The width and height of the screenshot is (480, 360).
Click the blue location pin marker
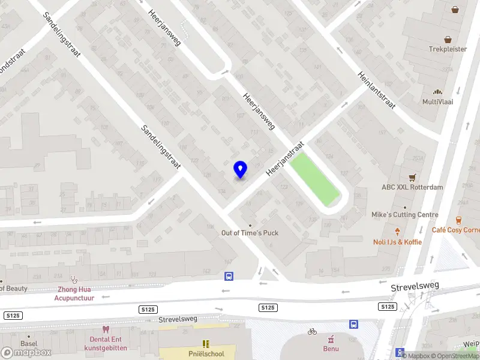[x=240, y=170]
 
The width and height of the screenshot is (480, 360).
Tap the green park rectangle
[x=314, y=179]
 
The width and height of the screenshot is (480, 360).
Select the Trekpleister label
[x=448, y=49]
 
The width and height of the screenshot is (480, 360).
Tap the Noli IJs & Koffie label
[x=397, y=242]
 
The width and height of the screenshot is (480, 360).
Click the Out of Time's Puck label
[x=250, y=233]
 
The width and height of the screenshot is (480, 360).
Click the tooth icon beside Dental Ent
[x=106, y=329]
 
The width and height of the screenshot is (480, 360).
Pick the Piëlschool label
[x=206, y=354]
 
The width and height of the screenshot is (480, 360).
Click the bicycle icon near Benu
[x=312, y=331]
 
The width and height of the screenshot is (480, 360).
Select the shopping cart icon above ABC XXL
[x=412, y=178]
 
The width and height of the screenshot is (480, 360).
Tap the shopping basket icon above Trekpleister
[x=455, y=10]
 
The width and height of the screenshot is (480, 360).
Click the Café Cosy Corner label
[x=456, y=230]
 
